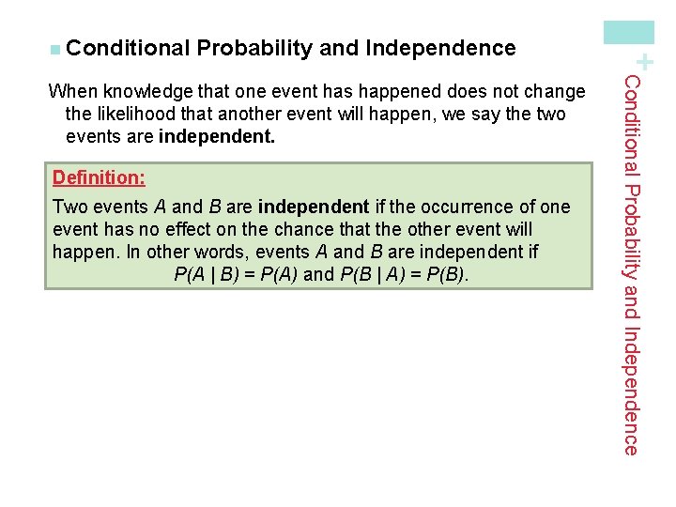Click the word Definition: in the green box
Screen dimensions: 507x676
[99, 177]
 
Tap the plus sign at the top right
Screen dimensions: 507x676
[647, 62]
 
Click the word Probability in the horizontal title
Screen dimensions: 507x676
[254, 48]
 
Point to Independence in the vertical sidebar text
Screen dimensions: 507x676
[632, 392]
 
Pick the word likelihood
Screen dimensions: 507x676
[136, 115]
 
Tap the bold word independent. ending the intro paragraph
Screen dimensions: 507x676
[217, 136]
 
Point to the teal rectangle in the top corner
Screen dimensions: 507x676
[629, 32]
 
